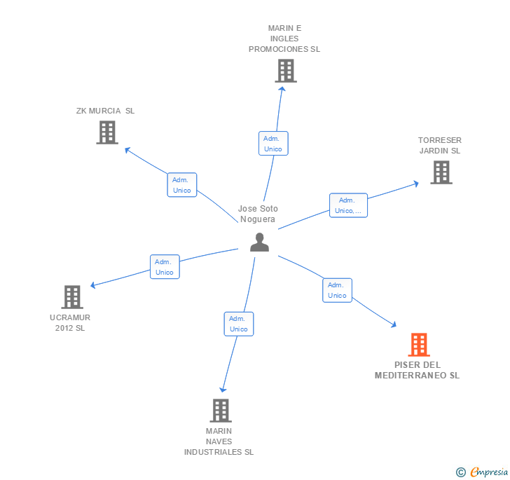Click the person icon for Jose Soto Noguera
pos(260,242)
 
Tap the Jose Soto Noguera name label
pos(258,214)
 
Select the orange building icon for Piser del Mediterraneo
pos(419,345)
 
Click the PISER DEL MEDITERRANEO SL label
pos(417,370)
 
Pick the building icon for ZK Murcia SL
pos(107,132)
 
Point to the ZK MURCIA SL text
pos(105,111)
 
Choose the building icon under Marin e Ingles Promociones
pos(285,71)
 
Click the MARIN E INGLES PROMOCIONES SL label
pos(284,39)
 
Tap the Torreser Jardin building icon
pos(441,172)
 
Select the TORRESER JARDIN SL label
pos(440,145)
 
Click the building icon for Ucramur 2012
pos(72,297)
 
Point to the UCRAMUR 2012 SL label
pos(70,322)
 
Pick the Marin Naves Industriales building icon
pos(221,411)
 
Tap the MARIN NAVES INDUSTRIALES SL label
pos(219,441)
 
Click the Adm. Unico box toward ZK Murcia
pos(182,184)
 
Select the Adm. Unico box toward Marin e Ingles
pos(273,143)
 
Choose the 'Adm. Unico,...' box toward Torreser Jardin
pos(348,205)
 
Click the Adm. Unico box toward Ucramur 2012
pos(165,267)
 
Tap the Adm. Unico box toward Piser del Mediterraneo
pos(337,290)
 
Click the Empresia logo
pos(483,472)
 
